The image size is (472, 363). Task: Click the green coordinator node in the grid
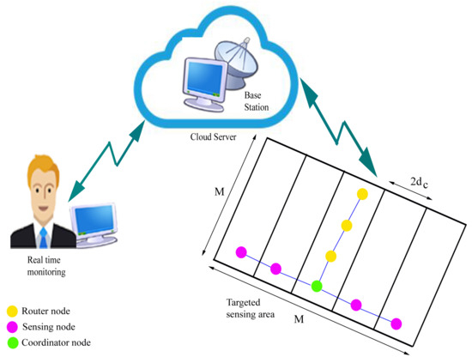click(317, 286)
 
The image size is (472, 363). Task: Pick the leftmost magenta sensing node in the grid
click(241, 252)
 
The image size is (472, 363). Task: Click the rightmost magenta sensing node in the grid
click(396, 324)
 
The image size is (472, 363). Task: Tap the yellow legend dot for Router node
click(13, 312)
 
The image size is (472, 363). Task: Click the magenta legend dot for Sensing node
click(13, 327)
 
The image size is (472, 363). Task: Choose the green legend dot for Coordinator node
click(13, 342)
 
